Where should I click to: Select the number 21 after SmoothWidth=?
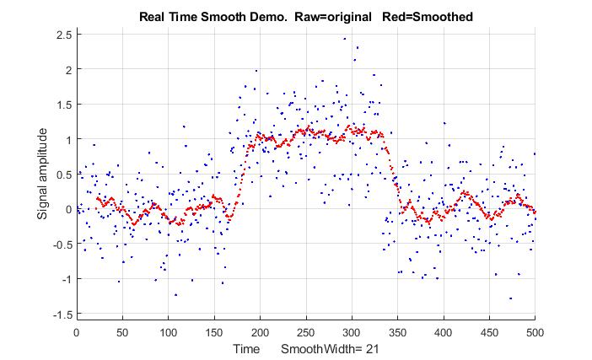(369, 349)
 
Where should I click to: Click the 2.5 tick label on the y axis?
(63, 35)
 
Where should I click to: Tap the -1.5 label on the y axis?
(62, 314)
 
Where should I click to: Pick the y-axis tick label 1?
(67, 139)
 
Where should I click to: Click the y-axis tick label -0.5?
(62, 244)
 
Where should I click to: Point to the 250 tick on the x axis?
(305, 332)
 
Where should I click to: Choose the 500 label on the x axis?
(534, 332)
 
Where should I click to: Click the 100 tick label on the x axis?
(168, 332)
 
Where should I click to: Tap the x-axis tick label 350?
(396, 332)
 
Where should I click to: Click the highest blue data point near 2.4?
(344, 39)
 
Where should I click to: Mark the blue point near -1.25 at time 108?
(175, 295)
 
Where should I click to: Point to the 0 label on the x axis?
(77, 332)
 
